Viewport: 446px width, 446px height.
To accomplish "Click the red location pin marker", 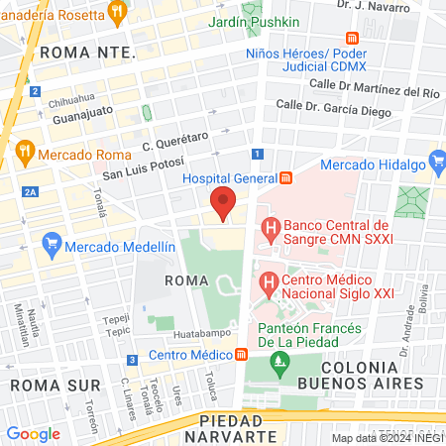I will tap(223, 202).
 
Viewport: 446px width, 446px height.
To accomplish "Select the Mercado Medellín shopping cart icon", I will tap(52, 242).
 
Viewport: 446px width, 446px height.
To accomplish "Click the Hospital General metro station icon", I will tap(286, 178).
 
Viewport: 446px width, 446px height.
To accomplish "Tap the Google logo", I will tap(33, 434).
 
